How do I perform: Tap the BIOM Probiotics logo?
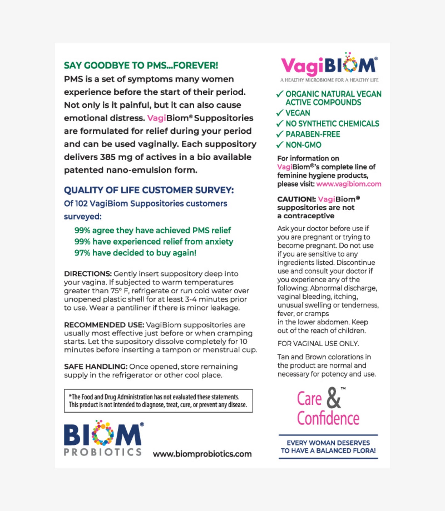click(103, 438)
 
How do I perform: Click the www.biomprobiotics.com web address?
click(202, 454)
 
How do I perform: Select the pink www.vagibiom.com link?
click(349, 184)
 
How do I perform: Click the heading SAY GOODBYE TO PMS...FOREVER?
click(141, 65)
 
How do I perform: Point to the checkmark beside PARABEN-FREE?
click(280, 134)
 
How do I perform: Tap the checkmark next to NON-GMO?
click(280, 145)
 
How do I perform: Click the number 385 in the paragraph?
click(107, 157)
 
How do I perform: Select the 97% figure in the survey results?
click(82, 253)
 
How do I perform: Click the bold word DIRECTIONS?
click(88, 274)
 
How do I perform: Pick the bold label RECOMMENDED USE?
click(104, 325)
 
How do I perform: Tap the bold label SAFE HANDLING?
click(95, 366)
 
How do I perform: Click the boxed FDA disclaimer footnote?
click(158, 401)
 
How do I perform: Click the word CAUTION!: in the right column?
click(296, 199)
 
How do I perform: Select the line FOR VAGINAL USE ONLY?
click(318, 343)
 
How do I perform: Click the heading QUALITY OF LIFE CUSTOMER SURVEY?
click(149, 190)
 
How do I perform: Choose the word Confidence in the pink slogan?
click(328, 418)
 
